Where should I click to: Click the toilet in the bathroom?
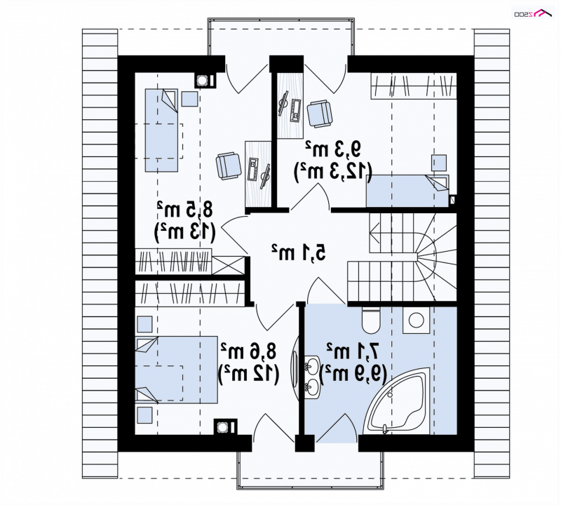point(371,319)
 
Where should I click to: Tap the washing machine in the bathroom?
point(416,320)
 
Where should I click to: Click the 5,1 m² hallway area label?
point(299,252)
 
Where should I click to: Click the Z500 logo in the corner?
point(533,13)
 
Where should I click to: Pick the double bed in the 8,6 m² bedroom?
point(177,370)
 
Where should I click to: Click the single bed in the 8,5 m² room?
point(161,130)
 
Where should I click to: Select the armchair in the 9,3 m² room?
point(320,114)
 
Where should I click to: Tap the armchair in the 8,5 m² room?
point(229,166)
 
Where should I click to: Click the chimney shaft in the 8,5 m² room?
point(205,81)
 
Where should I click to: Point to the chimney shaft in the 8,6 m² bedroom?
point(225,427)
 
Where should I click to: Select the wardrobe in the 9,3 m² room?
point(414,86)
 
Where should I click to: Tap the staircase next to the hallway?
point(403,257)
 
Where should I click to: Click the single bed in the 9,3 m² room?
point(407,191)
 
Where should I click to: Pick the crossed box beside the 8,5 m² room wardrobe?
point(229,266)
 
